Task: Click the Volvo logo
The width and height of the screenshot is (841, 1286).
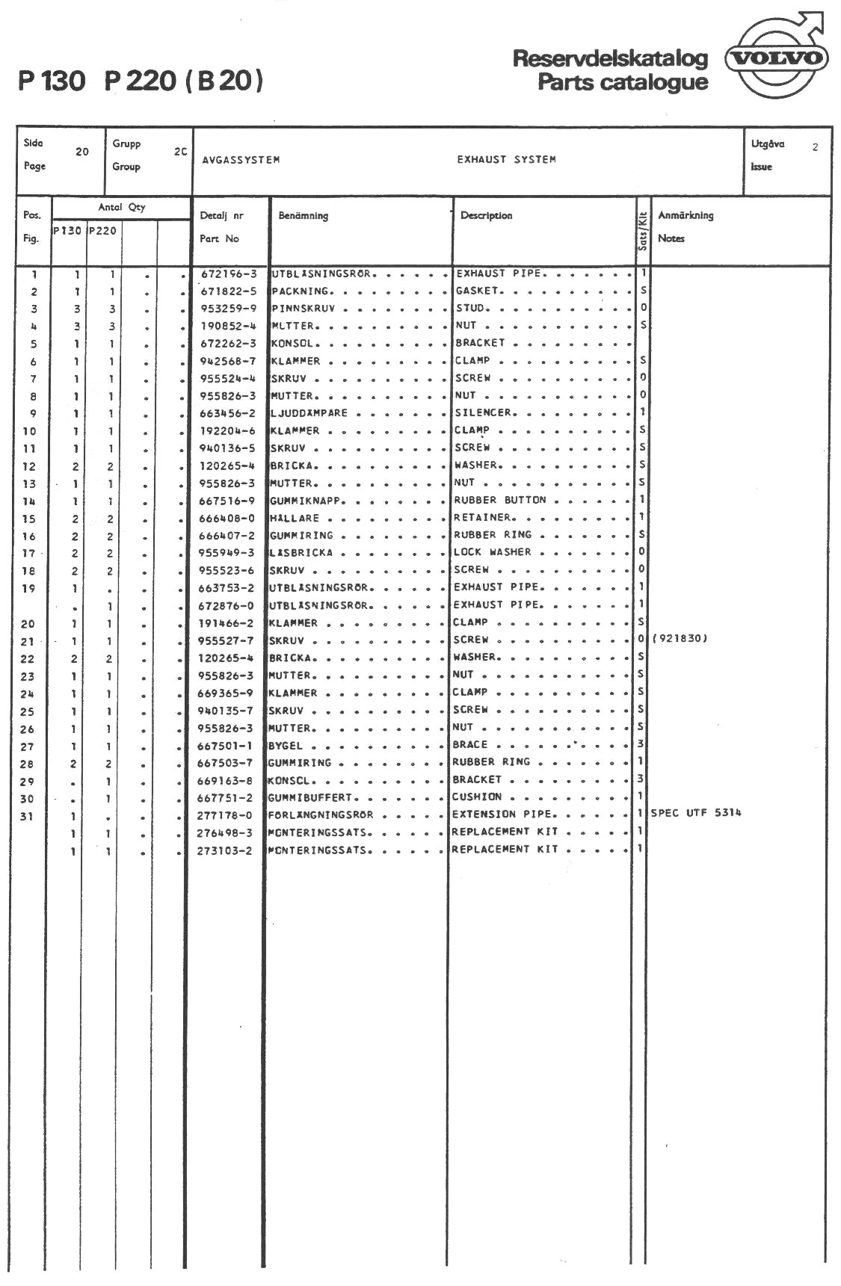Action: [x=777, y=58]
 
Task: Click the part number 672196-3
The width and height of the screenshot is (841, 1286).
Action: [x=228, y=274]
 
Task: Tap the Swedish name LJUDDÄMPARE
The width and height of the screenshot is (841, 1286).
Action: [x=308, y=413]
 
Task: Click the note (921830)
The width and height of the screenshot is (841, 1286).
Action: [x=680, y=639]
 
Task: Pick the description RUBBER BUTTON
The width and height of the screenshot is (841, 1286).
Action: [x=499, y=500]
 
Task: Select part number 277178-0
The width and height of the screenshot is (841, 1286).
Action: [x=224, y=815]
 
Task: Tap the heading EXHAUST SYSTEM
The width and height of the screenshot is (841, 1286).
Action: [x=506, y=160]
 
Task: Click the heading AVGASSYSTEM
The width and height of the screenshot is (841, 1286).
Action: [x=241, y=160]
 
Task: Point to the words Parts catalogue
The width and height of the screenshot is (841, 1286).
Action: [x=622, y=82]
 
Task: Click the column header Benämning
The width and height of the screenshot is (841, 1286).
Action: [x=303, y=216]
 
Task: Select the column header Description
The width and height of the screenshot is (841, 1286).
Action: [x=486, y=216]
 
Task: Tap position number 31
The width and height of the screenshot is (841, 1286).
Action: [x=27, y=817]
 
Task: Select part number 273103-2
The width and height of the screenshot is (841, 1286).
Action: [x=224, y=850]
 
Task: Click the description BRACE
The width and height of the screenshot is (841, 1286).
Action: [x=469, y=745]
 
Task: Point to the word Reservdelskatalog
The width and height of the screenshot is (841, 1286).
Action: [x=610, y=59]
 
